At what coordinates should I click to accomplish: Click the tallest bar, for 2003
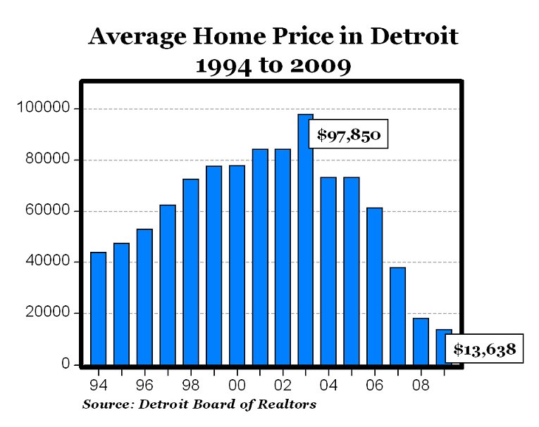click(305, 239)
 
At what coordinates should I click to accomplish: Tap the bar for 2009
click(443, 347)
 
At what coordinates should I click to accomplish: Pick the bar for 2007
click(397, 316)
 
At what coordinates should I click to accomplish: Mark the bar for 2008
click(421, 341)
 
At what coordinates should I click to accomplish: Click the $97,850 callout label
click(349, 135)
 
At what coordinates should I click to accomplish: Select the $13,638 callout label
click(485, 348)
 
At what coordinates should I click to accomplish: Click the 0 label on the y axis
click(66, 364)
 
